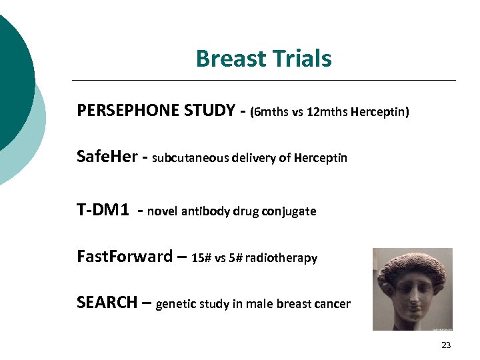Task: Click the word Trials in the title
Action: click(301, 59)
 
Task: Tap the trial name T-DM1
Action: click(103, 211)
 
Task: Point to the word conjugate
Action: click(289, 212)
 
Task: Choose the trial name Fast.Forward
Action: click(125, 257)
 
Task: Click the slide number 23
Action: click(446, 345)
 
